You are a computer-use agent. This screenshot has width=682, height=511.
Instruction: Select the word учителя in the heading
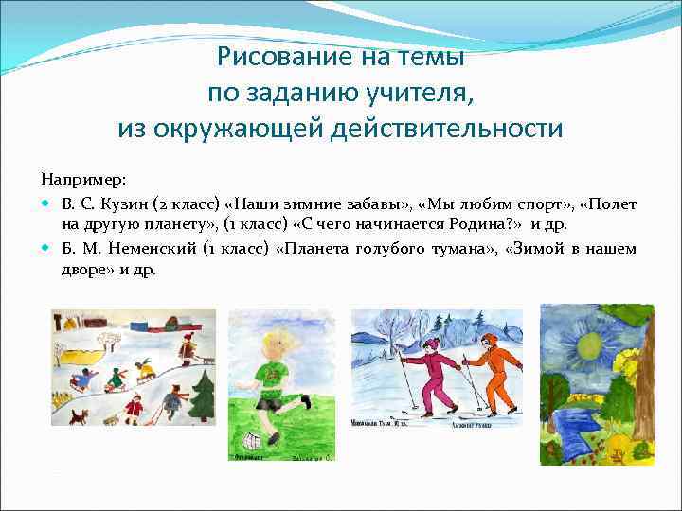pyautogui.click(x=422, y=93)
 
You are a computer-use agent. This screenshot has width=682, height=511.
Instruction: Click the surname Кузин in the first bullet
pyautogui.click(x=119, y=204)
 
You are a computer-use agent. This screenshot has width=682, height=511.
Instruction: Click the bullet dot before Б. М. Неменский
pyautogui.click(x=47, y=249)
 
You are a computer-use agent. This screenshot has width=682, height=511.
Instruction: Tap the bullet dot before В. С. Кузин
pyautogui.click(x=47, y=204)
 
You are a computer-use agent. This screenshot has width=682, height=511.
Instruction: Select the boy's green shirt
pyautogui.click(x=267, y=379)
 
